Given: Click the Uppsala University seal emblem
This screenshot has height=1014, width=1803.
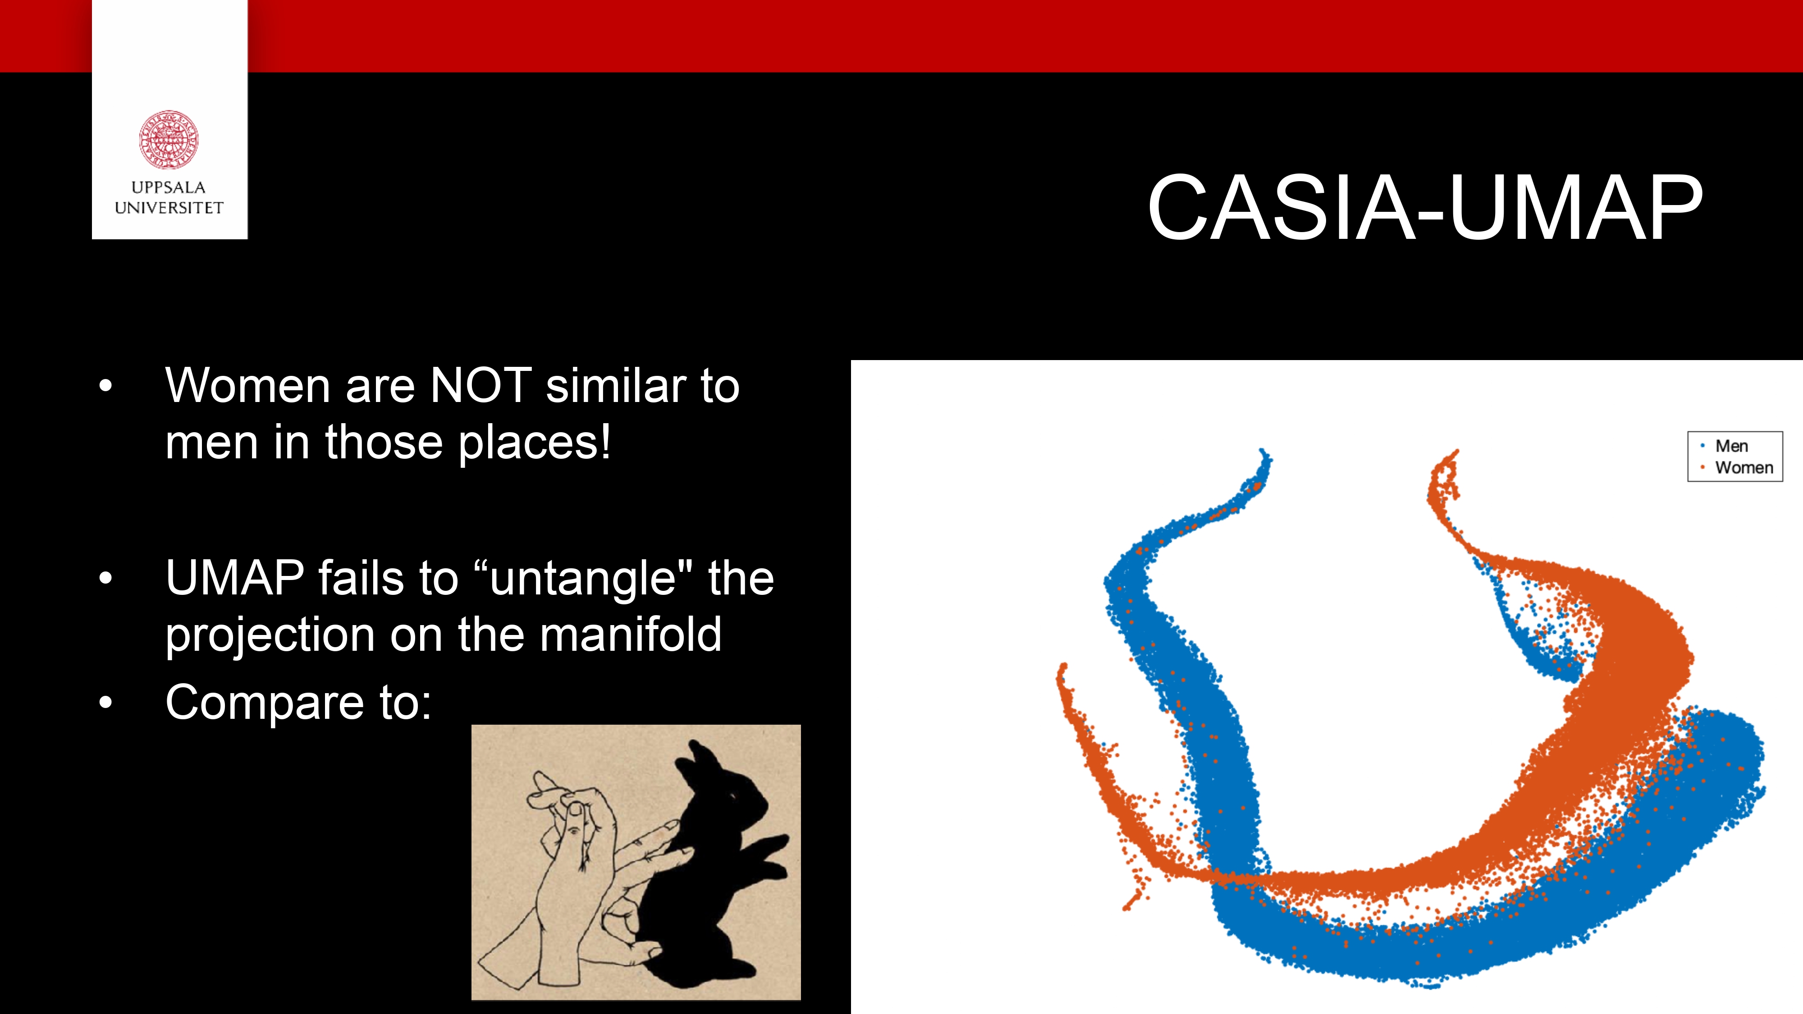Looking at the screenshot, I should (169, 139).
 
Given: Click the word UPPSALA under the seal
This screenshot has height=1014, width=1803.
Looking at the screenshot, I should (169, 187).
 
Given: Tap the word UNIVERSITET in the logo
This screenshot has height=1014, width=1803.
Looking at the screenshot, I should (169, 208).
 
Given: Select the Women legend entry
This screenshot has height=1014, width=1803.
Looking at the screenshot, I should (1744, 467).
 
